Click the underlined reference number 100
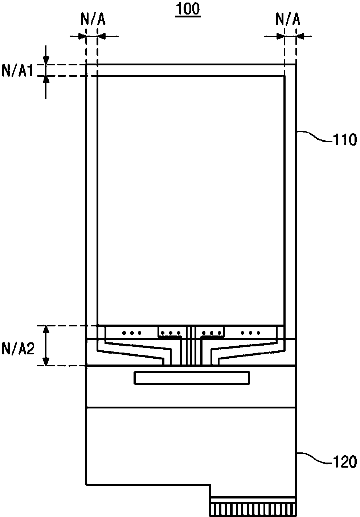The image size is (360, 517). pyautogui.click(x=188, y=9)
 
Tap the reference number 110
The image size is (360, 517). pyautogui.click(x=345, y=140)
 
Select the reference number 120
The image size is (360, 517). pyautogui.click(x=345, y=461)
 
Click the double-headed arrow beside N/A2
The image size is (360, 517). pyautogui.click(x=46, y=346)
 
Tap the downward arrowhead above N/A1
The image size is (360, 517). pyautogui.click(x=46, y=60)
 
